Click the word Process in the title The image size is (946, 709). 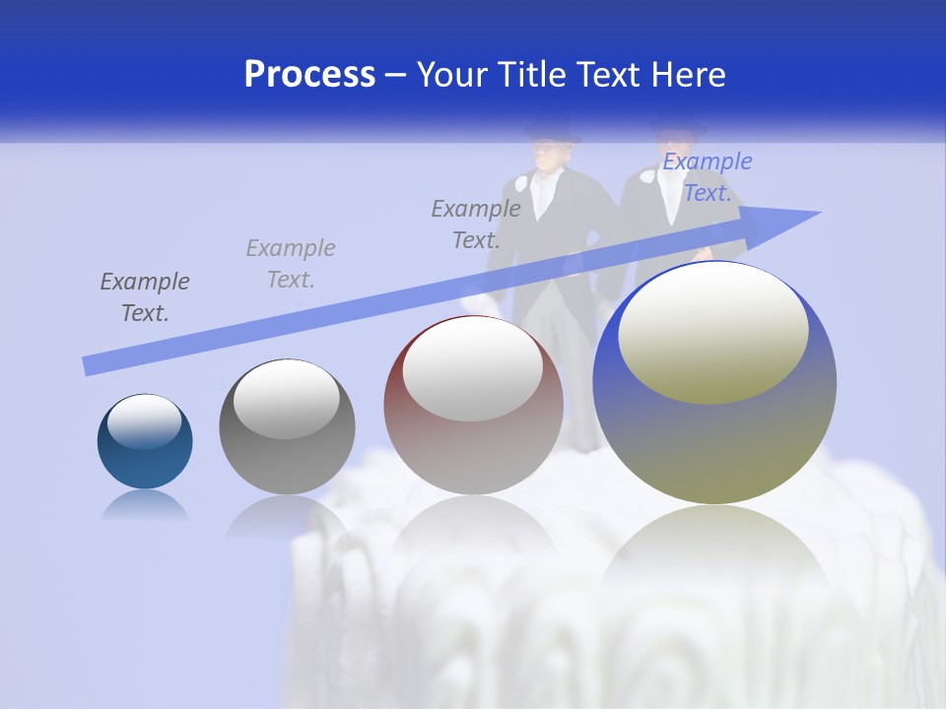[309, 75]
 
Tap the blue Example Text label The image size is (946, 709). [707, 177]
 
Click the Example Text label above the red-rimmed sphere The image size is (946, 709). [476, 224]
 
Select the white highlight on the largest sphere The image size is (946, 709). [712, 333]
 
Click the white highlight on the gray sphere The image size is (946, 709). [286, 396]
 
